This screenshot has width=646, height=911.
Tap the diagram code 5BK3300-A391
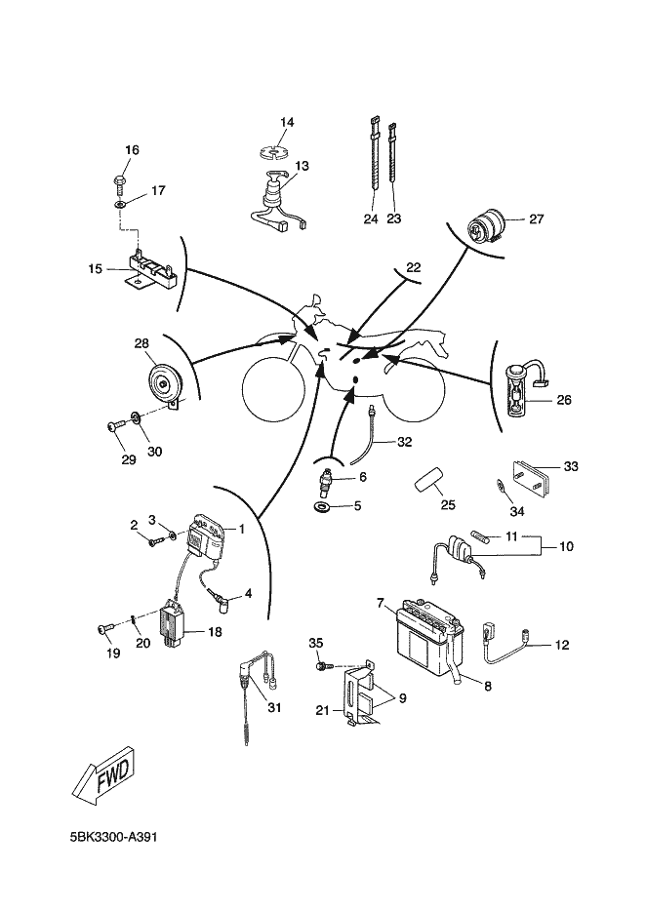pyautogui.click(x=113, y=837)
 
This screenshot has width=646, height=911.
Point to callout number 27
pyautogui.click(x=536, y=219)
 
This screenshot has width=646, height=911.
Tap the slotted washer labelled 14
pyautogui.click(x=274, y=153)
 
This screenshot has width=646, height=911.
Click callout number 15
pyautogui.click(x=95, y=269)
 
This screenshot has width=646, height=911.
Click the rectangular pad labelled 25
pyautogui.click(x=428, y=482)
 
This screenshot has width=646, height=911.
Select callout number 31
pyautogui.click(x=274, y=707)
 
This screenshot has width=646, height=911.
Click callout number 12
pyautogui.click(x=562, y=645)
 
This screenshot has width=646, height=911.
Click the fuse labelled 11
pyautogui.click(x=482, y=536)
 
